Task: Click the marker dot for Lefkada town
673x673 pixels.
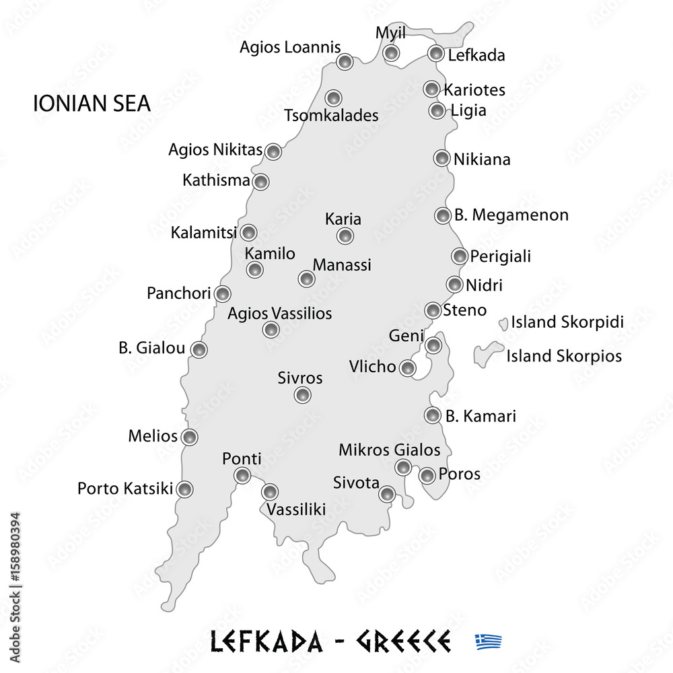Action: [x=436, y=53]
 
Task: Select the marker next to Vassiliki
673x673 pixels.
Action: [x=270, y=491]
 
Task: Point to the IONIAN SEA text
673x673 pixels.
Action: [x=92, y=104]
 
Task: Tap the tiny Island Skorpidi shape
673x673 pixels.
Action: [x=503, y=324]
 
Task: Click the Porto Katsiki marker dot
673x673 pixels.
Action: [x=184, y=489]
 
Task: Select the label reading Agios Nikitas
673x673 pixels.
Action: [x=215, y=150]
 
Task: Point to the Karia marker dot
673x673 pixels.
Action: [x=345, y=236]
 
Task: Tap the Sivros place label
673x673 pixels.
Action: [x=300, y=378]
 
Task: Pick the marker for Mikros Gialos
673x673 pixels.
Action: [x=402, y=467]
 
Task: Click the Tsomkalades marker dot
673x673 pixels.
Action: [x=332, y=97]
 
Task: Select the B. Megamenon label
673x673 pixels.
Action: [x=511, y=215]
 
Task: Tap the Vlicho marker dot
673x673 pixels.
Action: [x=407, y=367]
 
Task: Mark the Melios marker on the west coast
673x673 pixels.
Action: [x=190, y=437]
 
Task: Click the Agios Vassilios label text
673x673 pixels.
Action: [x=279, y=313]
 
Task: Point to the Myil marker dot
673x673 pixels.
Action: [x=391, y=53]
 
